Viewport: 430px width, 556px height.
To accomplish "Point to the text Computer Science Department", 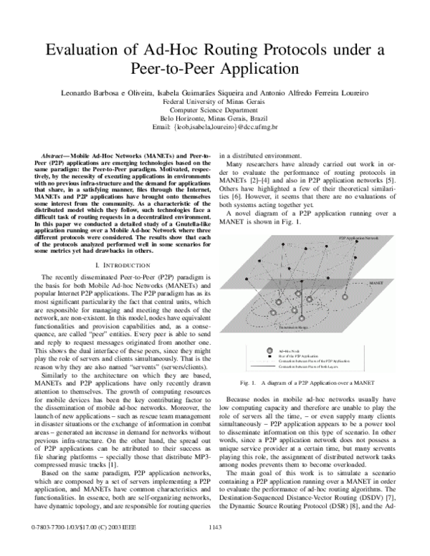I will tap(214, 110).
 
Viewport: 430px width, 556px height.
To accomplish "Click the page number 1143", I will tap(214, 547).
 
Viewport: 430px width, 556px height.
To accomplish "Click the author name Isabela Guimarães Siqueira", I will tap(232, 95).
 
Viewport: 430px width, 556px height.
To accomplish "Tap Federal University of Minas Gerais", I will tap(214, 102).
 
